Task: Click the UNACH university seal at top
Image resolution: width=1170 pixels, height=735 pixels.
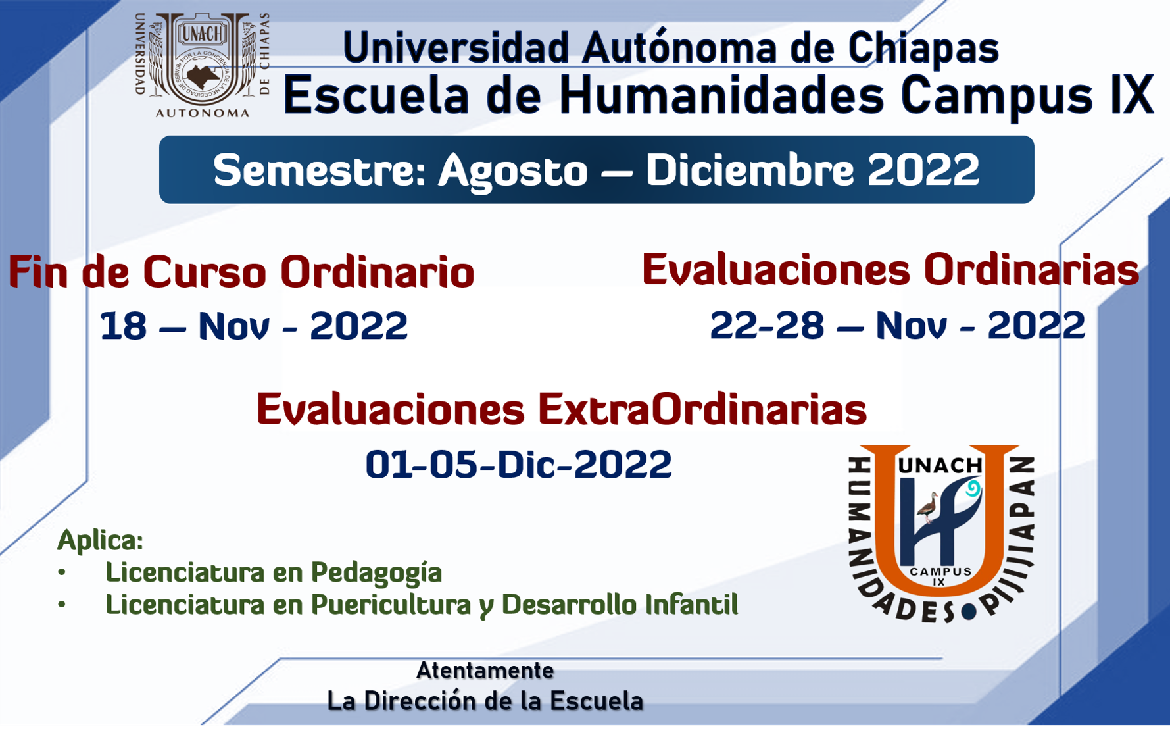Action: [203, 64]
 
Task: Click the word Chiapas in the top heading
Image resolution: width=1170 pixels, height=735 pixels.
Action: [923, 48]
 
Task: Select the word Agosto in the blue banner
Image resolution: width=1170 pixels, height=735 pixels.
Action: [513, 170]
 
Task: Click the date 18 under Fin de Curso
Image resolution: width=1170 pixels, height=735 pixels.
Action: [124, 326]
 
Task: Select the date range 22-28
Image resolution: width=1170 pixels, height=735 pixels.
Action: [767, 325]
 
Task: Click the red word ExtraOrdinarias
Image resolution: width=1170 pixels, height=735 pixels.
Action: [702, 409]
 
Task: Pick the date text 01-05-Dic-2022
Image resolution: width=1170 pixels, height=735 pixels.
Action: [518, 465]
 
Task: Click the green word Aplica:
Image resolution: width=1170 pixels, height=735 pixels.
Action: [100, 540]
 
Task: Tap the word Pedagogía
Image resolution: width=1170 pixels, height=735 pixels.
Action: [376, 572]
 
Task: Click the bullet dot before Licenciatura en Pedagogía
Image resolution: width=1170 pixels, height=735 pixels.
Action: [62, 572]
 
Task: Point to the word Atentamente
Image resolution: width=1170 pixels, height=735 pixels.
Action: [485, 671]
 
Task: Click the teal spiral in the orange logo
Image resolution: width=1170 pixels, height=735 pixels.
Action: [972, 488]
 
